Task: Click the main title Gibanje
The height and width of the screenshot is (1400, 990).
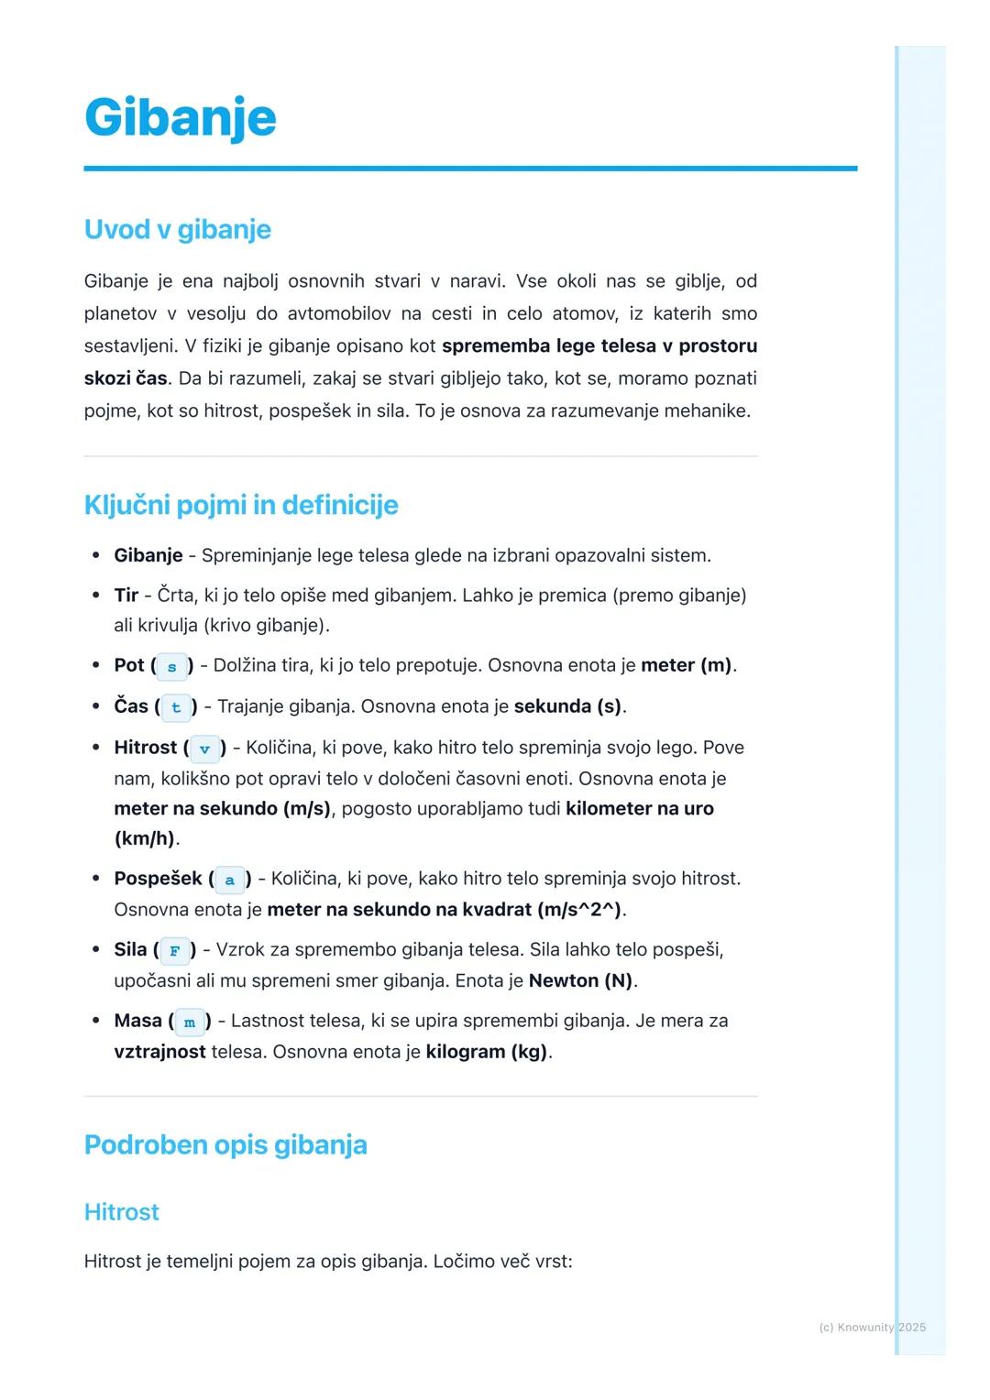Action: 180,117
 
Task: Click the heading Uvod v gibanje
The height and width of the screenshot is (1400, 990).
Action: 177,229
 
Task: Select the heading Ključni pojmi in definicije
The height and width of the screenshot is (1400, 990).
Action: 241,505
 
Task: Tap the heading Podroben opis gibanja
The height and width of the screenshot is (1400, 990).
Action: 225,1144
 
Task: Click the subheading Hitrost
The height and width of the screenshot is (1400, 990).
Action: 121,1212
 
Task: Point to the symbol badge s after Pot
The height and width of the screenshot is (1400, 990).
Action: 171,666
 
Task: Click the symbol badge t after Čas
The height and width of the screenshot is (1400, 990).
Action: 176,707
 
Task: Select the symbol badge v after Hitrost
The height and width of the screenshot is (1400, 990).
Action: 204,749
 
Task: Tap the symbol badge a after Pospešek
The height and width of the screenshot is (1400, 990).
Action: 229,880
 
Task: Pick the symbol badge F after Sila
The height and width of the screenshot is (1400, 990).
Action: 174,951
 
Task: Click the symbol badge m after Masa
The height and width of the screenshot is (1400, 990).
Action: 190,1022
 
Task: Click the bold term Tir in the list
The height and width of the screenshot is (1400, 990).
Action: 126,596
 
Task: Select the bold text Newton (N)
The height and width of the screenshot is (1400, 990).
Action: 580,980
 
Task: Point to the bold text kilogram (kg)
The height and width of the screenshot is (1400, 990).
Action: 486,1052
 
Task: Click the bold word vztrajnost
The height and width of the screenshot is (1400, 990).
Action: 159,1052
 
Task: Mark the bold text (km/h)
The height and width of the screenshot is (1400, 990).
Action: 144,838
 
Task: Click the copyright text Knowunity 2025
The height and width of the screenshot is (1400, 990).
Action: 872,1327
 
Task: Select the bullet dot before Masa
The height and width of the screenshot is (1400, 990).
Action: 95,1021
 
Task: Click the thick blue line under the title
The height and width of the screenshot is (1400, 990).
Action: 470,169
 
